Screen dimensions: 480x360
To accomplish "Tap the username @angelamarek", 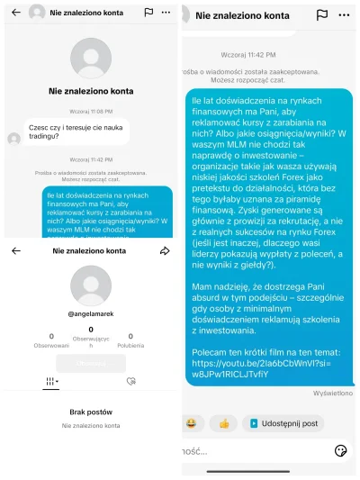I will pyautogui.click(x=89, y=312).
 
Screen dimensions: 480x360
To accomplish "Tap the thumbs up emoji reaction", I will pyautogui.click(x=224, y=422).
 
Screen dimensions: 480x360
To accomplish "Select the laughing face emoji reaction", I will pyautogui.click(x=192, y=422).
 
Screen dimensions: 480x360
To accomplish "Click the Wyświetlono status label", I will pyautogui.click(x=332, y=393).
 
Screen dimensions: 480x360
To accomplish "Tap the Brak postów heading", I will pyautogui.click(x=90, y=412).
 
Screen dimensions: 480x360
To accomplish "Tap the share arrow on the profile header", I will pyautogui.click(x=165, y=251).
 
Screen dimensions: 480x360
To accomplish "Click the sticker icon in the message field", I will pyautogui.click(x=340, y=450).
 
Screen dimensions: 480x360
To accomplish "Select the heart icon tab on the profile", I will pyautogui.click(x=130, y=382).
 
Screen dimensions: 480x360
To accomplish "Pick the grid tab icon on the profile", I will pyautogui.click(x=50, y=382).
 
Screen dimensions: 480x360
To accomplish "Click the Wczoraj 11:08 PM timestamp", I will pyautogui.click(x=89, y=111).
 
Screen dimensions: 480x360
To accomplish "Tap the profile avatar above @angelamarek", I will pyautogui.click(x=89, y=285).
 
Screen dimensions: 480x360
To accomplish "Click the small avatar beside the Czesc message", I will pyautogui.click(x=13, y=138).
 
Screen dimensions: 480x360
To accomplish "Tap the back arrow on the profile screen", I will pyautogui.click(x=15, y=251).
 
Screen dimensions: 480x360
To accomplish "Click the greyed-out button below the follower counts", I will pyautogui.click(x=90, y=363).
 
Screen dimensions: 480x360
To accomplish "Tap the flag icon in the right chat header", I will pyautogui.click(x=322, y=15).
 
